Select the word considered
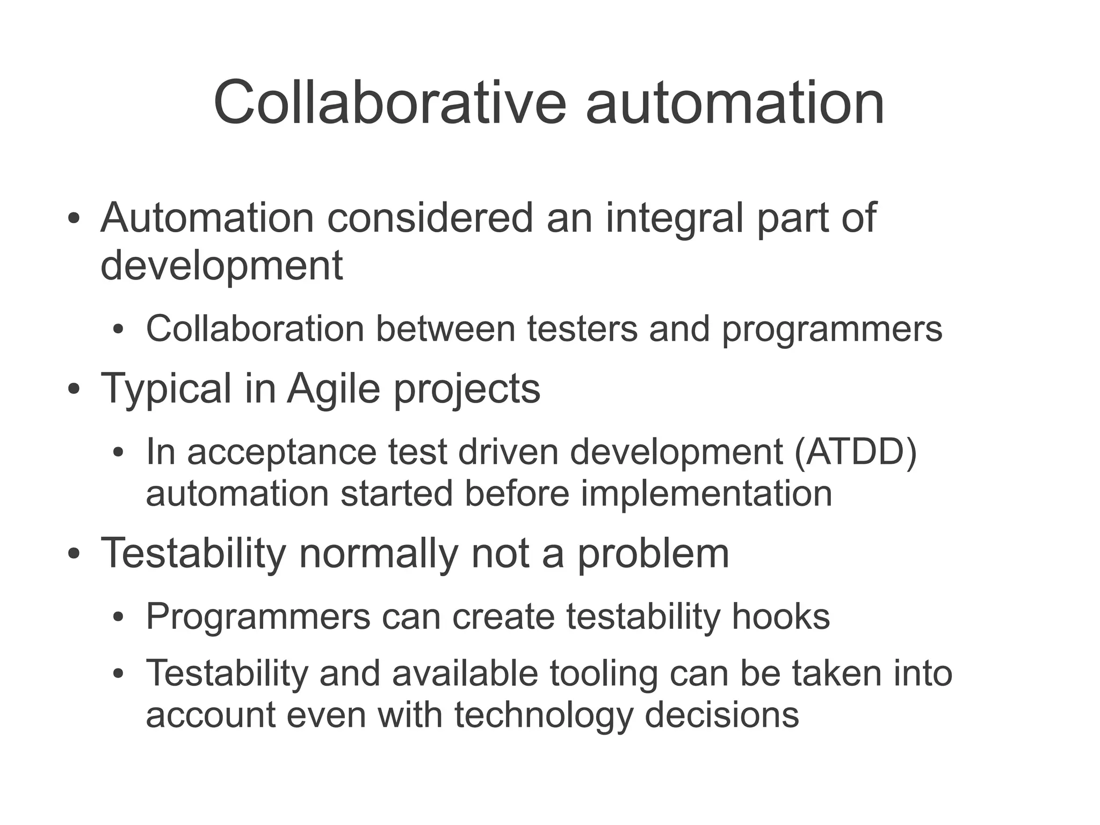pyautogui.click(x=430, y=218)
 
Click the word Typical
pyautogui.click(x=166, y=389)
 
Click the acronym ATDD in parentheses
pyautogui.click(x=855, y=451)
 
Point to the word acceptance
pyautogui.click(x=282, y=451)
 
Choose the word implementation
pyautogui.click(x=706, y=493)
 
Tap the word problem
pyautogui.click(x=653, y=553)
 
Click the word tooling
pyautogui.click(x=604, y=673)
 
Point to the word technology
pyautogui.click(x=542, y=715)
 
